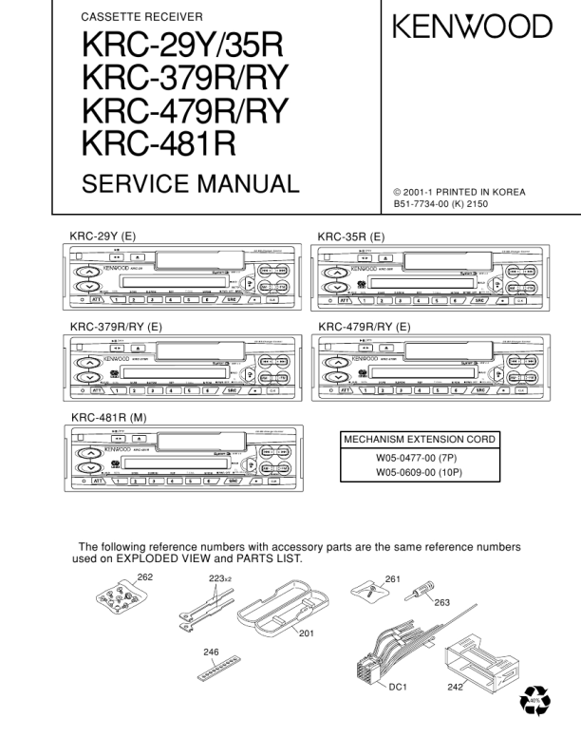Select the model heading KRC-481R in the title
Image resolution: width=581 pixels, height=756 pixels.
pos(159,143)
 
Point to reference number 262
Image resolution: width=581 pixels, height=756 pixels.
pos(144,576)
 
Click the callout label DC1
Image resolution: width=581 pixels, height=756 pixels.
pos(398,687)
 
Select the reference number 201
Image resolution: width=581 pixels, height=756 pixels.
pos(306,633)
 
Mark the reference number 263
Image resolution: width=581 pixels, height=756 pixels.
pos(441,602)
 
